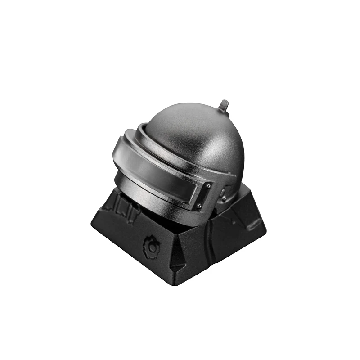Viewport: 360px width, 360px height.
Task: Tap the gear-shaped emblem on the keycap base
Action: click(152, 245)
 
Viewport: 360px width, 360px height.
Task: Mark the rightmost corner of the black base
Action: click(266, 220)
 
